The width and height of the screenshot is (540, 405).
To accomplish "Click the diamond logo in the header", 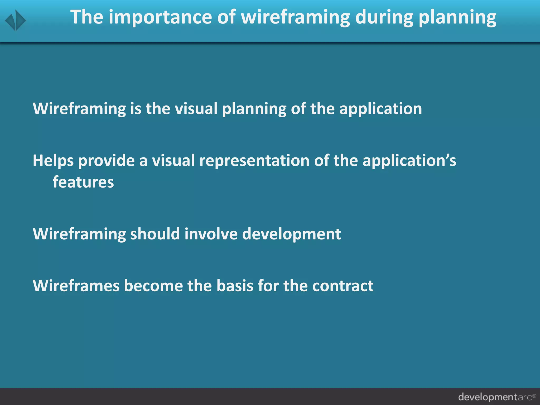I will [16, 20].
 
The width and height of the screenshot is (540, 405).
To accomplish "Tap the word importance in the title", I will [160, 17].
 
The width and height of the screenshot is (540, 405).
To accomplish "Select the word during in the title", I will [384, 17].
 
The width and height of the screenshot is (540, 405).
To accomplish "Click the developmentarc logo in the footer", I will [497, 397].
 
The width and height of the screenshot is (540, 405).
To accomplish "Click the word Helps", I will [53, 161].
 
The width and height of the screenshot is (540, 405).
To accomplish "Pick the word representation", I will [254, 161].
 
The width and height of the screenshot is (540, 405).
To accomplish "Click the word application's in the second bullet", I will [409, 161].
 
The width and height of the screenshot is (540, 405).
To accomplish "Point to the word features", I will [83, 182].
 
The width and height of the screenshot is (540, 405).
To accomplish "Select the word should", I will [155, 234].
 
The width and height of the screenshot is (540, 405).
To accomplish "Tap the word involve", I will [211, 234].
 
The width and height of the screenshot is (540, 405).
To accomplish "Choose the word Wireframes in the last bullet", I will [76, 286].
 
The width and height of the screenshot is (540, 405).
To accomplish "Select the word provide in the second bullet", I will [106, 161].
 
